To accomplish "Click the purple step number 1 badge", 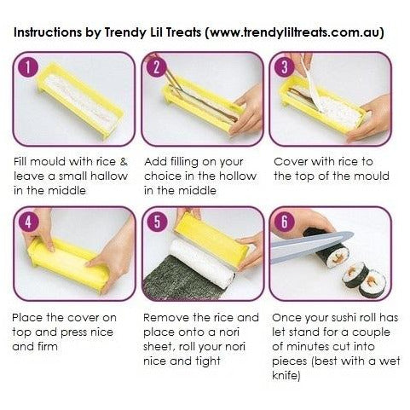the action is [28, 67].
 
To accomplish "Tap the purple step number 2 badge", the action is [156, 67].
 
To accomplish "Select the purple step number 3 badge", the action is [285, 67].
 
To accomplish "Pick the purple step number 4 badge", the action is [28, 222].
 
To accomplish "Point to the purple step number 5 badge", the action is [157, 222].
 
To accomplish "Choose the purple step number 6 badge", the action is [285, 222].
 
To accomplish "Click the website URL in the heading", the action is [294, 32].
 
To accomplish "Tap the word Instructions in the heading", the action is [48, 32].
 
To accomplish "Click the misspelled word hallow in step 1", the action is [109, 176].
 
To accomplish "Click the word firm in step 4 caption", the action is [47, 346].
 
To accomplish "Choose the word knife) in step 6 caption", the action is [286, 375].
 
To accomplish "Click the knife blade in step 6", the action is [312, 245].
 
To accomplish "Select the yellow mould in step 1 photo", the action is [80, 101].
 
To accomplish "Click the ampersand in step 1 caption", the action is [124, 162].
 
